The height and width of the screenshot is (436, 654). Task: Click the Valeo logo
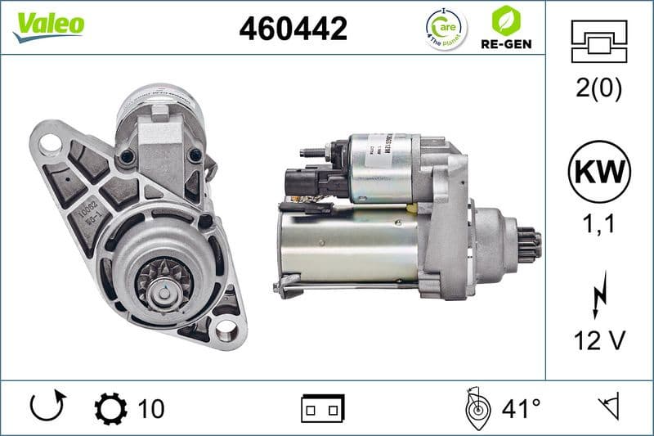coord(48,25)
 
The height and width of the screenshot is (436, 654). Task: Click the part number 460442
coord(293,29)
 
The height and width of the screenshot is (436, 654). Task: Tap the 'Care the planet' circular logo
coord(446,29)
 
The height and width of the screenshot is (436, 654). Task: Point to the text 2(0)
coord(598,89)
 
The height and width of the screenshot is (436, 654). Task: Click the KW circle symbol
coord(599,173)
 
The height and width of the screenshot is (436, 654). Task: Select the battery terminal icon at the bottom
coord(323,407)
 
